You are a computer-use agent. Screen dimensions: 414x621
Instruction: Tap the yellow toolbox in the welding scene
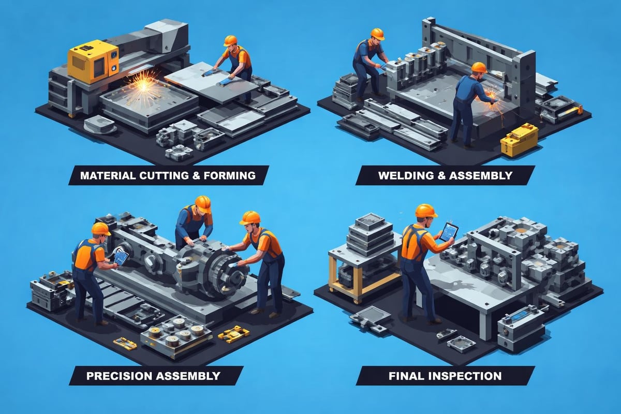pos(519,139)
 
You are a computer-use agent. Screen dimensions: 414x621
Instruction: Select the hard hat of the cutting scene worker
pos(230,40)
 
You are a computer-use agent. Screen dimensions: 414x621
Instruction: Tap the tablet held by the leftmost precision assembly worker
pos(121,256)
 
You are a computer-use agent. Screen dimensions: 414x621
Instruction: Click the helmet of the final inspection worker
pos(426,210)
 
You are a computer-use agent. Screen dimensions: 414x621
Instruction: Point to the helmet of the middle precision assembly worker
pos(202,203)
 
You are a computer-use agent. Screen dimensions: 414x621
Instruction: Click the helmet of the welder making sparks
pos(479,67)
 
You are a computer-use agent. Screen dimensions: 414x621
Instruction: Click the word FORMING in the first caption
pos(228,175)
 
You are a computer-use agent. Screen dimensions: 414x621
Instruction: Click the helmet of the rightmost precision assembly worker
pos(250,217)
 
